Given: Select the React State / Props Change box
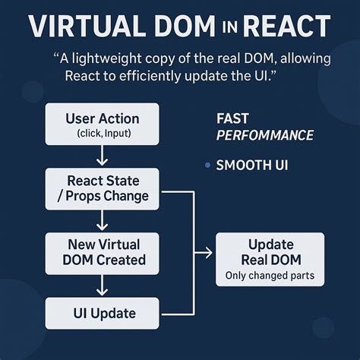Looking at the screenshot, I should [x=103, y=189].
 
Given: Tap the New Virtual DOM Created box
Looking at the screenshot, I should [x=103, y=252].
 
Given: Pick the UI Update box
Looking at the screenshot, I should [x=103, y=312].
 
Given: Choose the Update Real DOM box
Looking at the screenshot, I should [x=270, y=259].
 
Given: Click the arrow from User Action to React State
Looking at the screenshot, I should [x=102, y=156].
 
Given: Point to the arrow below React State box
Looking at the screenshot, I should [x=102, y=221].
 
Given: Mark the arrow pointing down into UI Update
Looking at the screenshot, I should [x=102, y=286].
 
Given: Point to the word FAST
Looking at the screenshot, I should [x=232, y=118].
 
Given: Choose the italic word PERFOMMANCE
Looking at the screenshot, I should [x=265, y=135].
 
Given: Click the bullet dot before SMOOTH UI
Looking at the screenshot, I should [x=207, y=166].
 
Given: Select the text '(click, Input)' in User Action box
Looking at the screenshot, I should [x=102, y=134].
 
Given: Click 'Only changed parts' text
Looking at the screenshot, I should [x=270, y=276].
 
